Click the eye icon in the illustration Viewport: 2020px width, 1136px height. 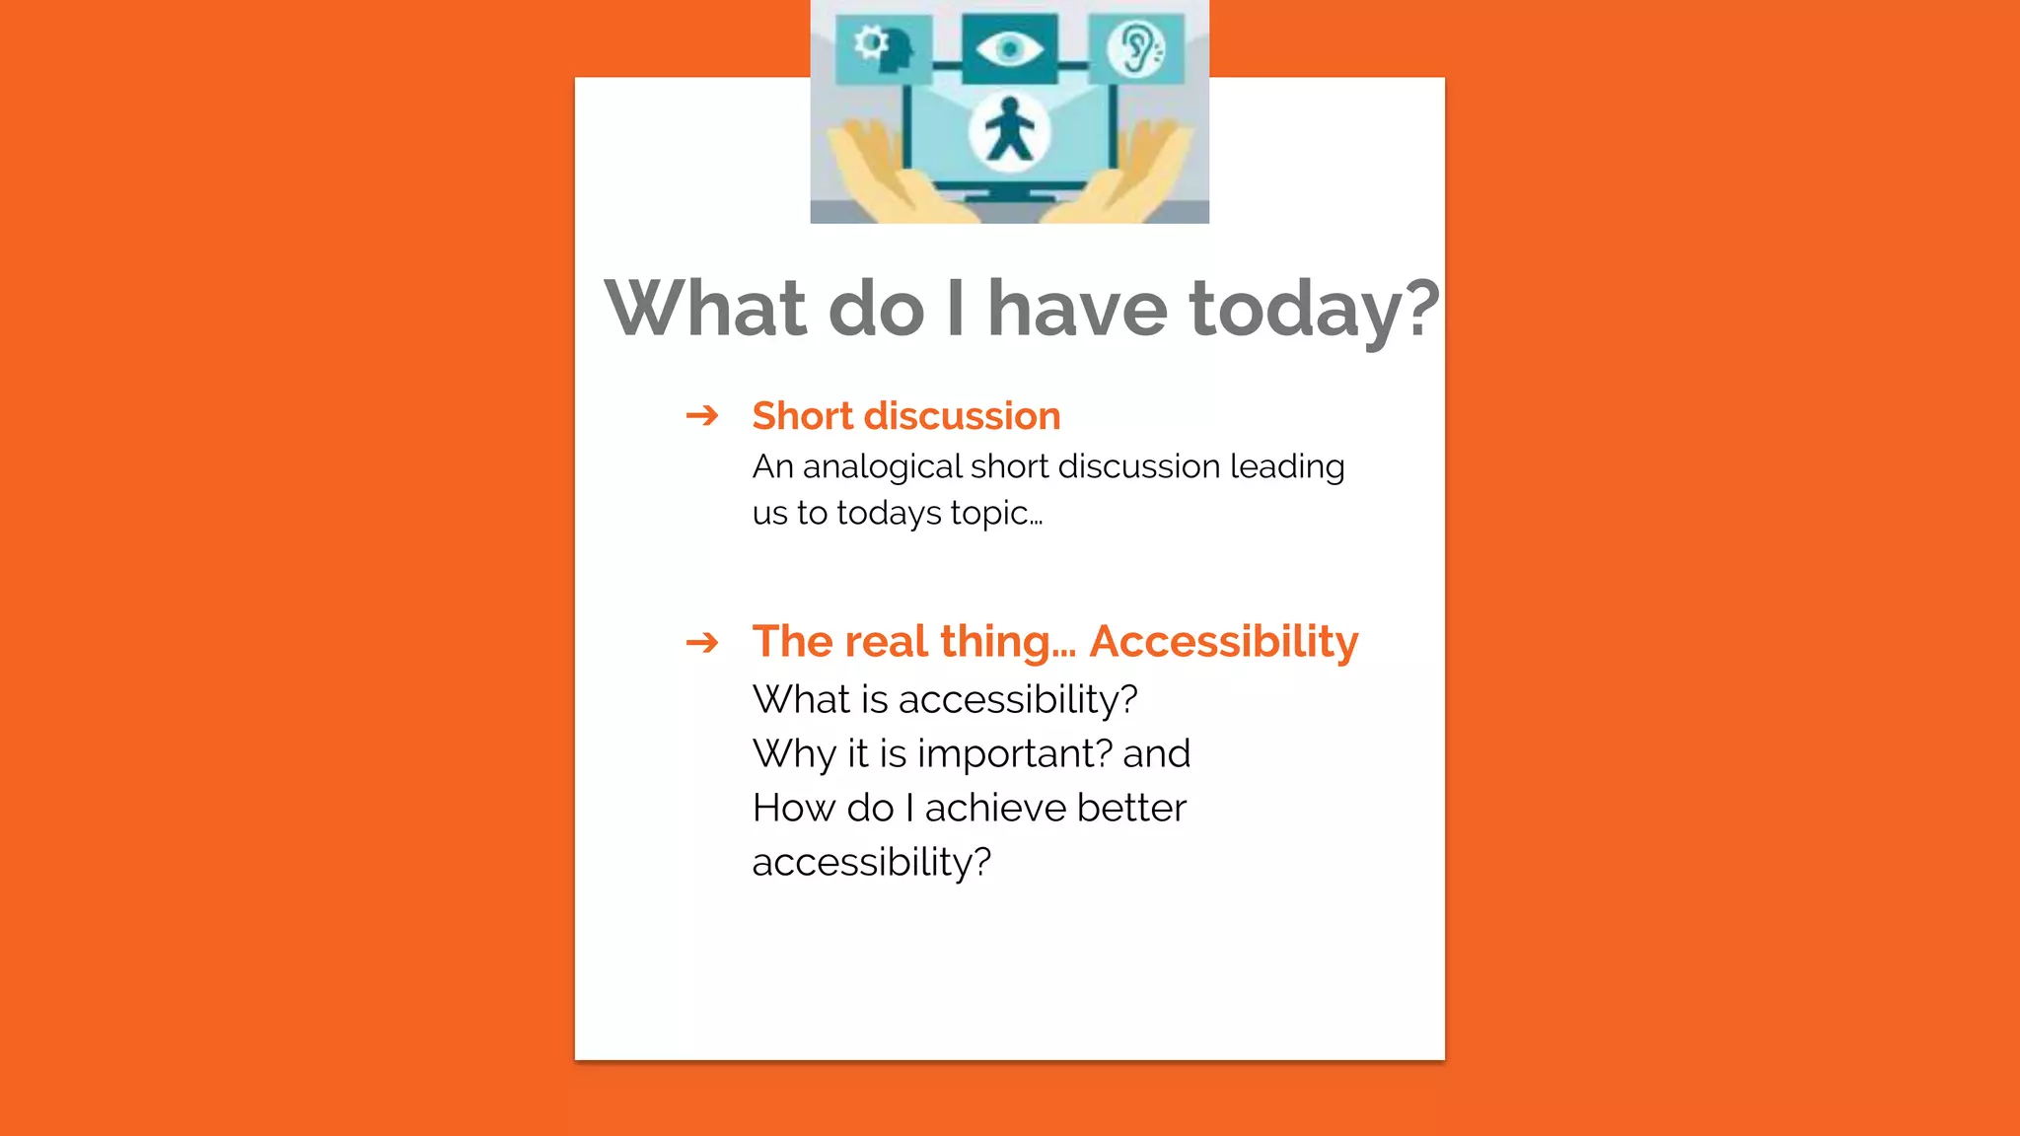click(x=1009, y=48)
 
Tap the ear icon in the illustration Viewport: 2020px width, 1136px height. click(x=1137, y=48)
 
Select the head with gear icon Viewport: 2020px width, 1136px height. click(x=883, y=47)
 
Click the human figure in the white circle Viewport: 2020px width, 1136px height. click(x=1008, y=132)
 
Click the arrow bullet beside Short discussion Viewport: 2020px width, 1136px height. click(x=702, y=415)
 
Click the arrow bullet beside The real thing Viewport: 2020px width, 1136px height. click(x=702, y=643)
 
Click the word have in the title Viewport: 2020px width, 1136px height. click(x=1077, y=309)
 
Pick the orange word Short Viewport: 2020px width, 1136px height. click(x=802, y=416)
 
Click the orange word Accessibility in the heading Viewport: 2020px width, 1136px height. click(x=1223, y=642)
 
